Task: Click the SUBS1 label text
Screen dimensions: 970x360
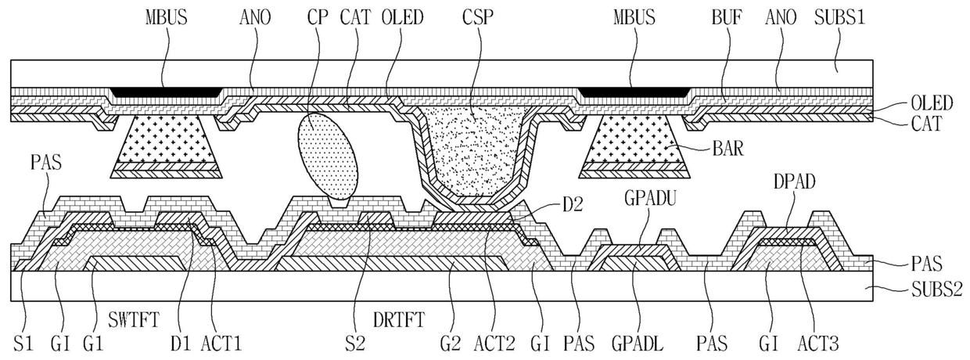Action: click(x=839, y=18)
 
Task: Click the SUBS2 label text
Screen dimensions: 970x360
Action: click(x=936, y=288)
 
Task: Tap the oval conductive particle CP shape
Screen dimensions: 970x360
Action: click(x=329, y=157)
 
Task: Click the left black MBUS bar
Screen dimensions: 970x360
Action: click(x=167, y=92)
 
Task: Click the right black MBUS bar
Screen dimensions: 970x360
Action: click(x=634, y=92)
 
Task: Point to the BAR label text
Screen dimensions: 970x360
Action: click(x=728, y=149)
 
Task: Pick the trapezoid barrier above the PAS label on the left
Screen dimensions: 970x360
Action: click(x=167, y=147)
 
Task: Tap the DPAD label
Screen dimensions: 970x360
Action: click(x=794, y=182)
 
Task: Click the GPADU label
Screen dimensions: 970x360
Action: click(x=651, y=199)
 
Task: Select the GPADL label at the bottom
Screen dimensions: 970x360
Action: click(x=638, y=344)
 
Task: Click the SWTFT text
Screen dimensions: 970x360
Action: click(x=135, y=321)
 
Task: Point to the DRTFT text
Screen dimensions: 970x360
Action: click(x=399, y=321)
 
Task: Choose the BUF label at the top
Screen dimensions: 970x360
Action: click(x=727, y=18)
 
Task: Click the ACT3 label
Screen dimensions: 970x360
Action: click(x=818, y=344)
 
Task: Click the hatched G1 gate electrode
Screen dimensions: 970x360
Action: click(x=137, y=264)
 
